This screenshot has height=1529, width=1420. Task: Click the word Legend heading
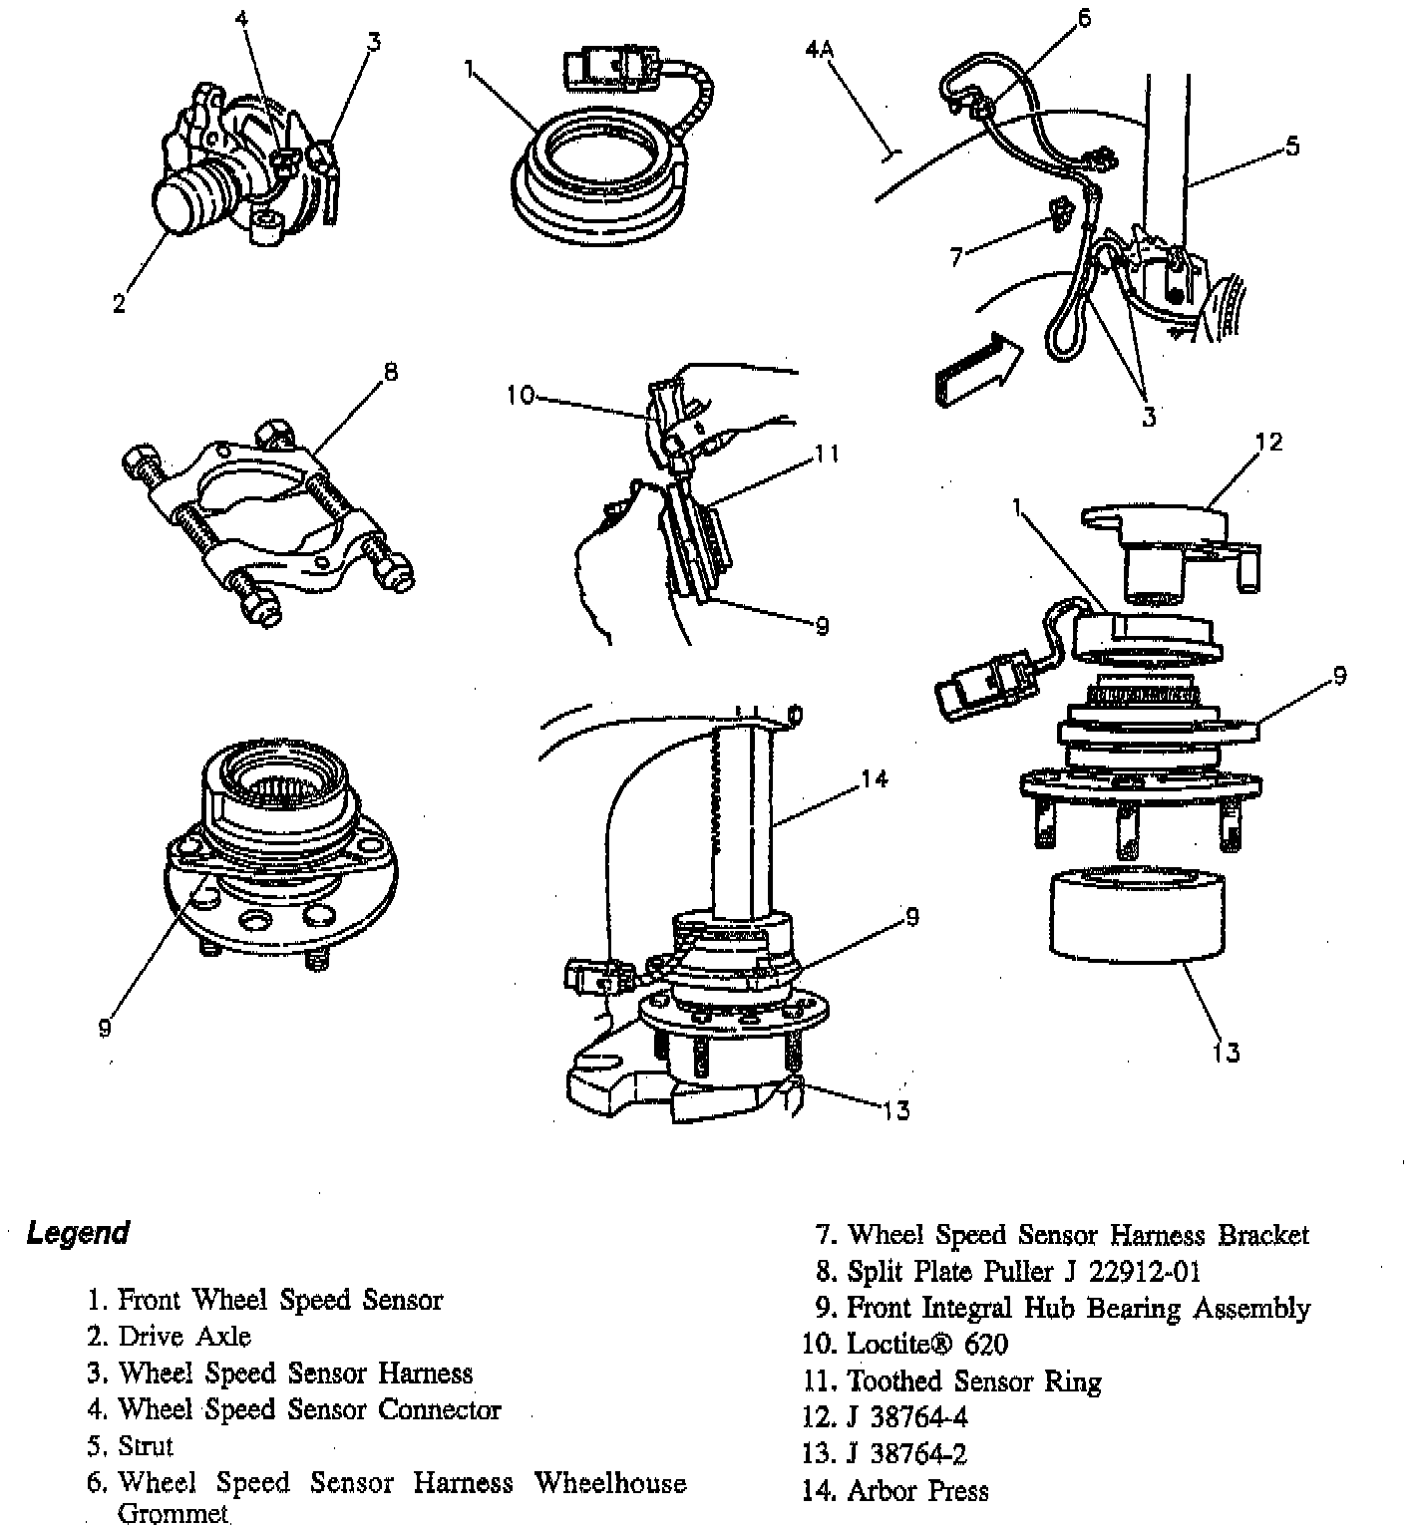coord(78,1233)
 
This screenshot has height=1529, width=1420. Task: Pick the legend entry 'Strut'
coord(145,1446)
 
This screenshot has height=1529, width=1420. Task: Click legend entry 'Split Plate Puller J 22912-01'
coord(1023,1271)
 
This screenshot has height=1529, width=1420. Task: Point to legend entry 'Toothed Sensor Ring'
coord(973,1381)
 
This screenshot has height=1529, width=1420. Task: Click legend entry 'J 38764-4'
coord(906,1417)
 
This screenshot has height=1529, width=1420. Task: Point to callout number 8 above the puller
coord(390,372)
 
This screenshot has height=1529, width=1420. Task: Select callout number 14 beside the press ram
coord(874,778)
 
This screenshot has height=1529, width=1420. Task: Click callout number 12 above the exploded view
coord(1270,442)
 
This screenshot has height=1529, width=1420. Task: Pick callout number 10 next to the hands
coord(520,396)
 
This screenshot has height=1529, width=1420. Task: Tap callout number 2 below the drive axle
coord(120,304)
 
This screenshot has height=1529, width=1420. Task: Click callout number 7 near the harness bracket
coord(956,258)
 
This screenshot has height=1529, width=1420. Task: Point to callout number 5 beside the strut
coord(1291,147)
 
